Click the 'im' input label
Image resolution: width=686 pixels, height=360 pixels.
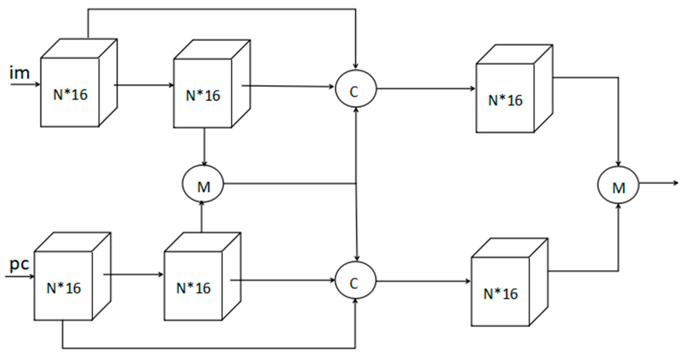tap(20, 73)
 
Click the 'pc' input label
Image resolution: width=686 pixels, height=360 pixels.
tap(19, 265)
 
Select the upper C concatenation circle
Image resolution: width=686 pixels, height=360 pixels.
tap(355, 89)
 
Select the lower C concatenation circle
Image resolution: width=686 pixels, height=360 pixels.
tap(355, 280)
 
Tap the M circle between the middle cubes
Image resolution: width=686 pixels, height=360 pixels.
tap(203, 184)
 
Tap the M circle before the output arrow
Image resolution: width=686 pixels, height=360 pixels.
tap(618, 185)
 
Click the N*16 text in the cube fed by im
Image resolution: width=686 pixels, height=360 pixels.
tap(70, 95)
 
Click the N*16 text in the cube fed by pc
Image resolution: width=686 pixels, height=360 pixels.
tap(63, 288)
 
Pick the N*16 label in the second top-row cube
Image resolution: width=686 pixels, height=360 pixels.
tap(203, 96)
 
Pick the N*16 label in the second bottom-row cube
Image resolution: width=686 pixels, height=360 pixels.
tap(193, 288)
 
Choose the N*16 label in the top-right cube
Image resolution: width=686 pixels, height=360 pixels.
tap(505, 100)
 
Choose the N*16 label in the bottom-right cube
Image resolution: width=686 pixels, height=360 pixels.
tap(500, 294)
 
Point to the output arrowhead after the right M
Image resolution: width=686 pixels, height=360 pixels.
tap(676, 183)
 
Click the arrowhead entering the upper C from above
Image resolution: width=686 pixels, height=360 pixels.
tap(355, 66)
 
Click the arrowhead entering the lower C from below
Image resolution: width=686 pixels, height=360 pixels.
tap(355, 301)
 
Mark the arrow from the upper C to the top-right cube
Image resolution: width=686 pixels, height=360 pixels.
tap(425, 89)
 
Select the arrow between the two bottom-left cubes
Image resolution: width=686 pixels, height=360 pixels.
tap(133, 275)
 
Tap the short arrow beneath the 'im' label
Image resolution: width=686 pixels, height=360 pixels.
tap(25, 85)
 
